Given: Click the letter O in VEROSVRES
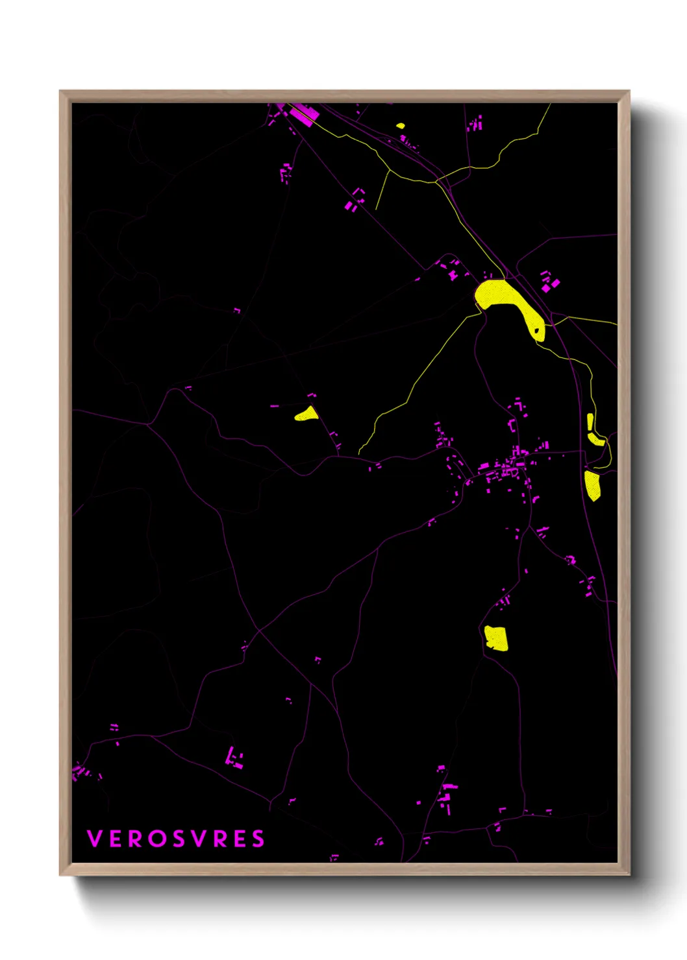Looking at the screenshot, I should (157, 839).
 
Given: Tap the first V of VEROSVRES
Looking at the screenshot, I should (94, 839).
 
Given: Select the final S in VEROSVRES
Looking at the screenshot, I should (258, 839).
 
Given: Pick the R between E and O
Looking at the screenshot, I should (134, 839).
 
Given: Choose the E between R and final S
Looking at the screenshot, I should (239, 839).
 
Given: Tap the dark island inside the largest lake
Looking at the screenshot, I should (537, 330).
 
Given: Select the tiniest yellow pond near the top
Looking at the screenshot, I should (400, 126).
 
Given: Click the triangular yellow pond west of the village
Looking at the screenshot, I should (307, 414).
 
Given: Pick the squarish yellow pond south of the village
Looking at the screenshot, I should (496, 638).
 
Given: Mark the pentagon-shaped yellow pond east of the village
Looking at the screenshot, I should (592, 485).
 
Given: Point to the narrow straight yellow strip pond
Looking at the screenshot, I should (590, 422).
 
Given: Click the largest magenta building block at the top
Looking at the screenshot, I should (303, 114).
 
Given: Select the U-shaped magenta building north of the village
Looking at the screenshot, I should (512, 426).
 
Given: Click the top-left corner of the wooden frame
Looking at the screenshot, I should (60, 91).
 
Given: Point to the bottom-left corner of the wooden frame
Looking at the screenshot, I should (60, 874).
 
